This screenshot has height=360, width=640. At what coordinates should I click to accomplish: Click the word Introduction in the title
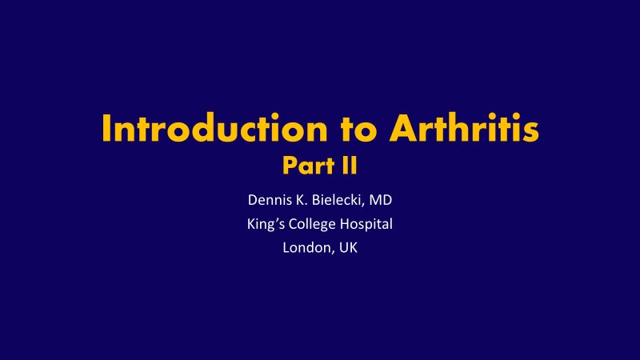[x=214, y=128]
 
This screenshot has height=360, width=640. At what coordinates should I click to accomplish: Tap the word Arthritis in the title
[x=465, y=128]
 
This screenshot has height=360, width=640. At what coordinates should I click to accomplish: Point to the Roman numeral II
[x=350, y=166]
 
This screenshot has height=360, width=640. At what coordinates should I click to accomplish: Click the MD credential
[x=381, y=200]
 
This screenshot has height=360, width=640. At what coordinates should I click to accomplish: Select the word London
[x=309, y=248]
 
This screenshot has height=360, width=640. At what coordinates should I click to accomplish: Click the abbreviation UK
[x=348, y=248]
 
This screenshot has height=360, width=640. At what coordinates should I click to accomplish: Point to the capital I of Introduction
[x=106, y=128]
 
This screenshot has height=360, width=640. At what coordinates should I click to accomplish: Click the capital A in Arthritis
[x=403, y=128]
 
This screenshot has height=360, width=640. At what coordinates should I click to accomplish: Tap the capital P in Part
[x=290, y=166]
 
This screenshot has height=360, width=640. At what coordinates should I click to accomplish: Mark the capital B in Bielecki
[x=316, y=200]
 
